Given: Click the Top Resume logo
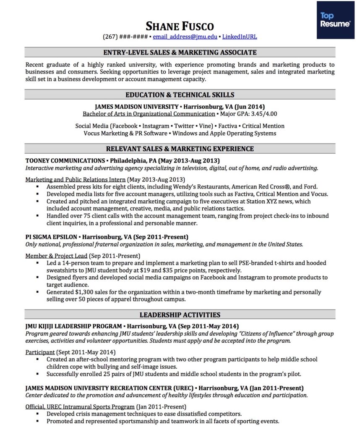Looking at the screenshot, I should [335, 20].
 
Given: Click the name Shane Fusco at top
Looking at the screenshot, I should [180, 26].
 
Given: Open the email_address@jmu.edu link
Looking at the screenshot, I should [185, 37].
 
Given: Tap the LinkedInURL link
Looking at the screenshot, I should [240, 37].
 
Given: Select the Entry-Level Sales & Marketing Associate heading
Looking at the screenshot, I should [180, 52].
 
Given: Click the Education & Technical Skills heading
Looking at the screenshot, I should [180, 94].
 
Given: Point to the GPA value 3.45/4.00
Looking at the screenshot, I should [263, 114].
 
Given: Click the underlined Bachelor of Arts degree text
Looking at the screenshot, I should [149, 114].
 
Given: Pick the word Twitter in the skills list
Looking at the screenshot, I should [184, 126].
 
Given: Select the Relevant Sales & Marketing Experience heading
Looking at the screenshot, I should [180, 149].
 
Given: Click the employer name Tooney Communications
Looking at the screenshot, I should [65, 160].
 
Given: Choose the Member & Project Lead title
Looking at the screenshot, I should [56, 255].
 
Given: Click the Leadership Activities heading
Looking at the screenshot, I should [180, 315].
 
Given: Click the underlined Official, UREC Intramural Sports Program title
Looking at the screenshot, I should [80, 407].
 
